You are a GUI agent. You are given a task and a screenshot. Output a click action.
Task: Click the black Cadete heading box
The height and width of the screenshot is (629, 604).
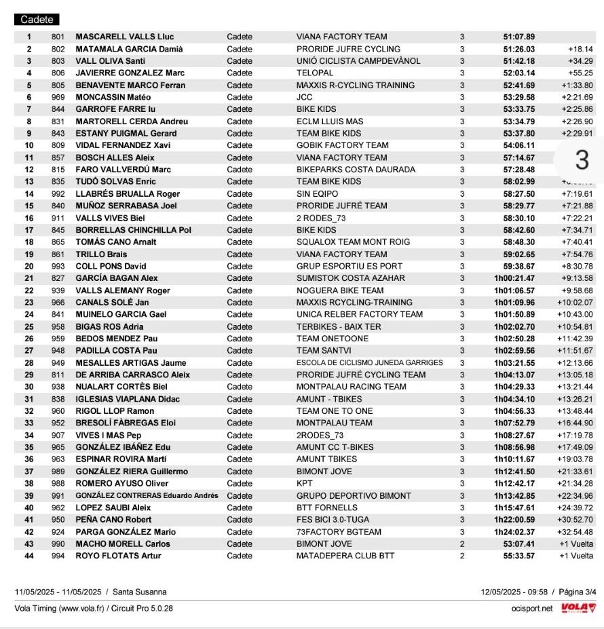pos(37,20)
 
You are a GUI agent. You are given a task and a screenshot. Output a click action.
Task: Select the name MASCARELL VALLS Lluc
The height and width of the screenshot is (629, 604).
pos(124,37)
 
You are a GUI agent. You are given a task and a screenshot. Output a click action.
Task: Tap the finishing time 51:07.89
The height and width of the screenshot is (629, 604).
pos(518,37)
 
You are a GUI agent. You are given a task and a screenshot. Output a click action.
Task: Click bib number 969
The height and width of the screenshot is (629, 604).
pos(58,97)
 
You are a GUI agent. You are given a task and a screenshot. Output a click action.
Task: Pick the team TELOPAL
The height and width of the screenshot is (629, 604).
pos(314,73)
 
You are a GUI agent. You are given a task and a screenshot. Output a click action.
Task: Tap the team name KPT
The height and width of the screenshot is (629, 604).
pos(304,483)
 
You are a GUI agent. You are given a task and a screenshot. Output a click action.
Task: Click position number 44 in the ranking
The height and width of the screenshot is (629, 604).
pos(29,556)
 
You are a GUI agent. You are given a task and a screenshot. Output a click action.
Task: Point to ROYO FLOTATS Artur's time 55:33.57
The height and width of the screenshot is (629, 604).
pos(518,556)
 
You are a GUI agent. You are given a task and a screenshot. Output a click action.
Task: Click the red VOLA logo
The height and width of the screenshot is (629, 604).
pos(578,608)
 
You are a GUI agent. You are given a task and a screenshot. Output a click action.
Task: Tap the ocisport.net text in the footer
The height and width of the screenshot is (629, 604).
pos(532,608)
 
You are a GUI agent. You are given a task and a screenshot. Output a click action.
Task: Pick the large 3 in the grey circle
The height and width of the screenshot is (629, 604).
pos(582,160)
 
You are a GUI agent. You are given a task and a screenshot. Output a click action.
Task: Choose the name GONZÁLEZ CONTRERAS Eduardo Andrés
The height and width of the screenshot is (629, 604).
pos(147,495)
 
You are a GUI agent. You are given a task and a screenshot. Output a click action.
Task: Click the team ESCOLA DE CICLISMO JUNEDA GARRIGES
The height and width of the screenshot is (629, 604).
pos(369,362)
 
